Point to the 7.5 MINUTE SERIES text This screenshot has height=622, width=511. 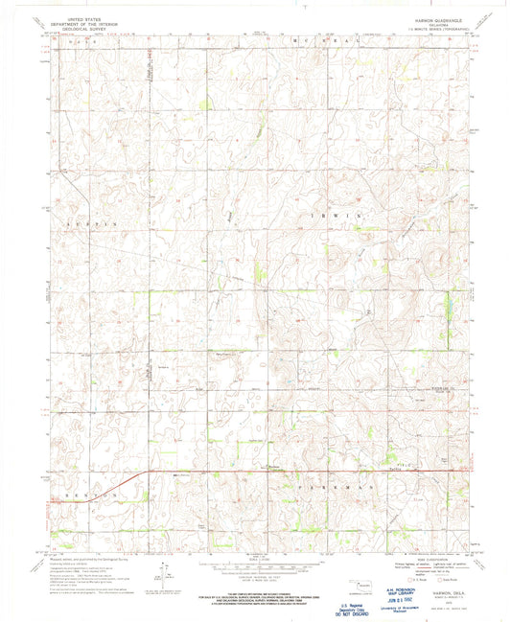[443, 31]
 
